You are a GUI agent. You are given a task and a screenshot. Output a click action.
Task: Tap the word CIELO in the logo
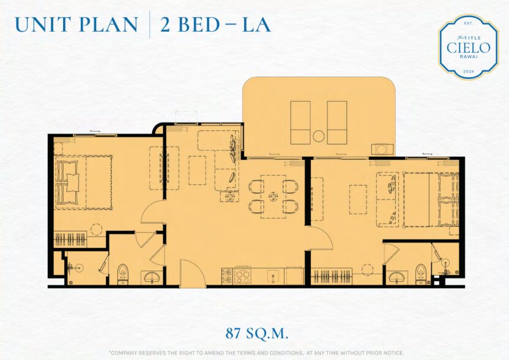[468, 48]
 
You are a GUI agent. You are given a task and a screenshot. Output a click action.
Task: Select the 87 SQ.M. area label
[257, 333]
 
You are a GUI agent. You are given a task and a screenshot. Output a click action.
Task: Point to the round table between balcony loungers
[319, 136]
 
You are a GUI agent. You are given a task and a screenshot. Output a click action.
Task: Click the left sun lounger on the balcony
[300, 122]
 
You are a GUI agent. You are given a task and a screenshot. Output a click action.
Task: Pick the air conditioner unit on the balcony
[382, 149]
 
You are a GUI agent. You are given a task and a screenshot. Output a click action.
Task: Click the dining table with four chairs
[273, 197]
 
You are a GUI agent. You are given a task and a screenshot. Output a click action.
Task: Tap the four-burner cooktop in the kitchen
[243, 276]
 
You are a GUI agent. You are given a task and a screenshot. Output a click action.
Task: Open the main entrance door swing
[193, 273]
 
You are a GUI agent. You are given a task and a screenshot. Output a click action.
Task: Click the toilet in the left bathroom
[122, 274]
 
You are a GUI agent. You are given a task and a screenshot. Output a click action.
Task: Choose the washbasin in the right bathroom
[396, 277]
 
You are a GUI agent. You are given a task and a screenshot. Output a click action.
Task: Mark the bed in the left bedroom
[84, 182]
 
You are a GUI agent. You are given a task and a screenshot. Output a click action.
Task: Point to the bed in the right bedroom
[431, 200]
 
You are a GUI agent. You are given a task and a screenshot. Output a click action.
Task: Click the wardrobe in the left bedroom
[70, 239]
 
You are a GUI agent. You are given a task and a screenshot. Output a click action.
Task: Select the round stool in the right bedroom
[367, 269]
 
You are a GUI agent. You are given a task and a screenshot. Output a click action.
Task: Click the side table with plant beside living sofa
[230, 197]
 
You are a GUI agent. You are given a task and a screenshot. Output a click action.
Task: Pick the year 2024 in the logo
[469, 72]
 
